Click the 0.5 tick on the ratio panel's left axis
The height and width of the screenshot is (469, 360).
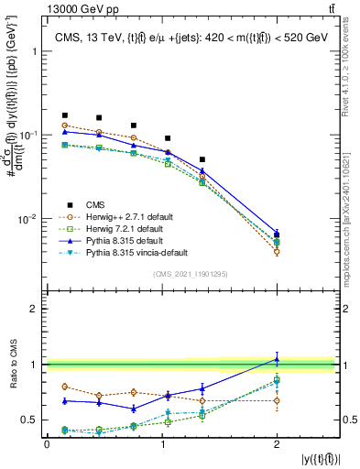[x=30, y=420]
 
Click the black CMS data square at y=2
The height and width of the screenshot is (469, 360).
[x=277, y=235]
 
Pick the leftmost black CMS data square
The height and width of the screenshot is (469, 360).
[x=64, y=115]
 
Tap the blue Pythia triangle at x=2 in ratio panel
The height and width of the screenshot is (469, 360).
[x=277, y=359]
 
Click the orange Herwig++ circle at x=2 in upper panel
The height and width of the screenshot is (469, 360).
[x=277, y=251]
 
